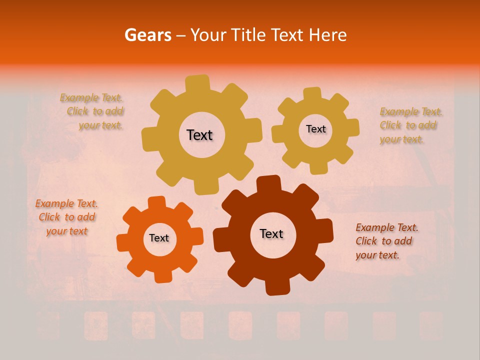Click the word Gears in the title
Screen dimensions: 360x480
147,35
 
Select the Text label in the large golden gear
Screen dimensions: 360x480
199,135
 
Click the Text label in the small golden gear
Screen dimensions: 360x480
315,129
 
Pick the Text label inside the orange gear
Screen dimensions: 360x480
159,238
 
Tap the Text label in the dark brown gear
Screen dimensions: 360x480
271,233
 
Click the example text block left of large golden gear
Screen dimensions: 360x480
93,111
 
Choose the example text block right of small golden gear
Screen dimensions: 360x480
410,125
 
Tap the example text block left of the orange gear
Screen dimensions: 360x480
66,217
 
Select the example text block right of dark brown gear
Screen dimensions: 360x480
386,241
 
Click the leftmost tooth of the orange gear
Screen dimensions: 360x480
123,242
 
